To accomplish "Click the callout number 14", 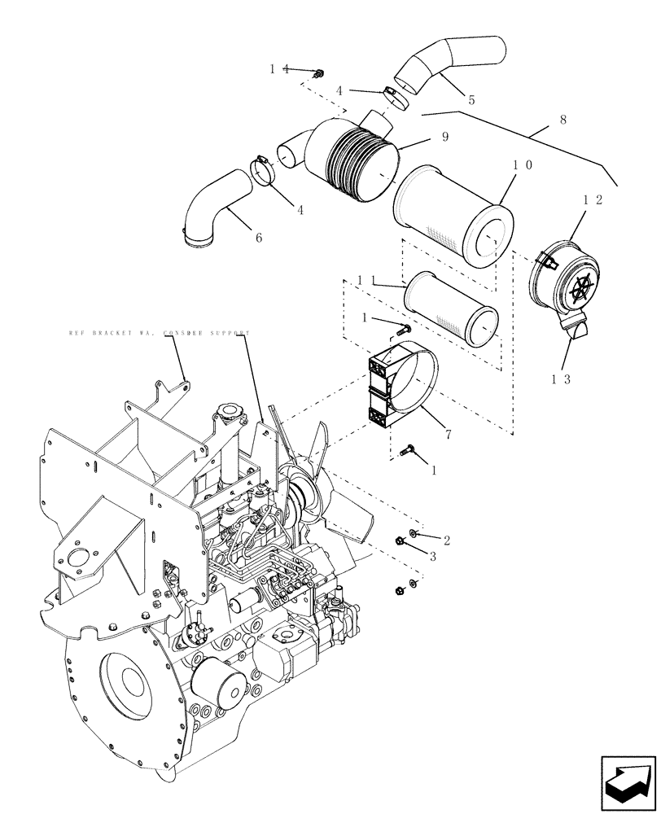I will point(279,70).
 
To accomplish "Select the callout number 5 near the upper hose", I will point(471,100).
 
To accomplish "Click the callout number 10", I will point(523,164).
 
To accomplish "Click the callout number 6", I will point(259,238).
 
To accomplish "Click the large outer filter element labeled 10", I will point(454,216).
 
